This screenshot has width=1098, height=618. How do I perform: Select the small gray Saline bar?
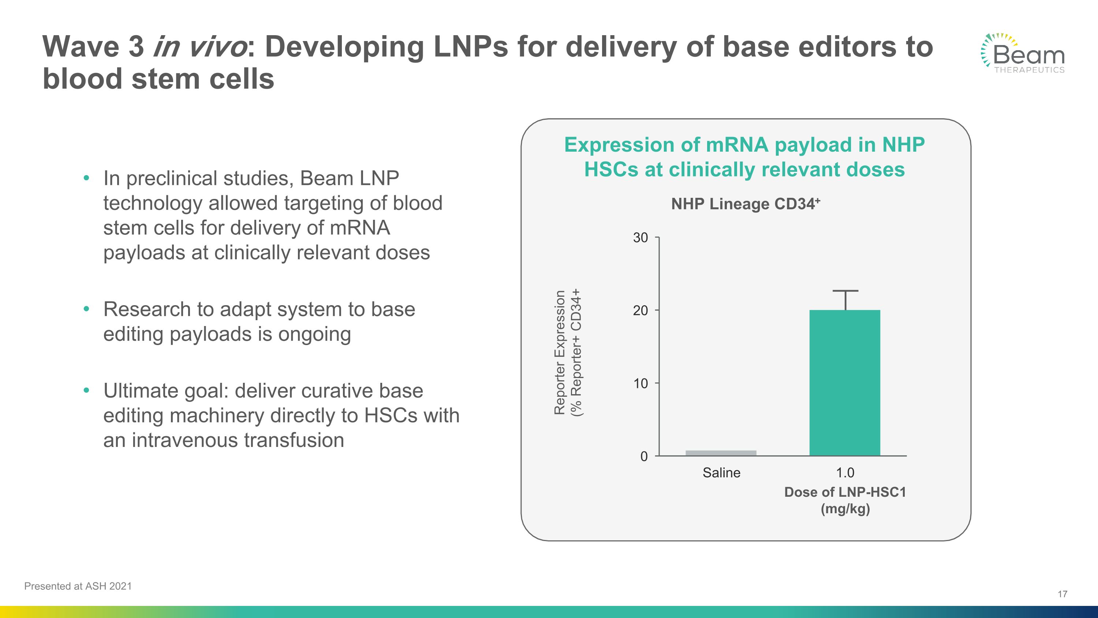tap(721, 453)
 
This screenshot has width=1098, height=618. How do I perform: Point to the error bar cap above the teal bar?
tap(845, 291)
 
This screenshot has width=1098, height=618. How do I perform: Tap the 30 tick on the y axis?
tap(640, 237)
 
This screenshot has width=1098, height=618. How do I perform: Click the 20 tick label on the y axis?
tap(640, 311)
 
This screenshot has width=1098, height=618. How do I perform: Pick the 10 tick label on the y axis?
tap(640, 384)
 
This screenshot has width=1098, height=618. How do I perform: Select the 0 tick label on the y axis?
tap(644, 456)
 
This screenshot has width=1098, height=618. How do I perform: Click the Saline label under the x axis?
tap(721, 473)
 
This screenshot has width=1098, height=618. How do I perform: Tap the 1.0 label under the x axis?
tap(845, 473)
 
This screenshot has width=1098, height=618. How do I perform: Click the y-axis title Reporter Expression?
tap(560, 352)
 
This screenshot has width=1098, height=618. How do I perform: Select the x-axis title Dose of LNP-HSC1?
tap(845, 492)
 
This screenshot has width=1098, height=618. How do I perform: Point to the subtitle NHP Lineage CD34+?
tap(745, 204)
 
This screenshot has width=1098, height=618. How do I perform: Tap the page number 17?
tap(1062, 594)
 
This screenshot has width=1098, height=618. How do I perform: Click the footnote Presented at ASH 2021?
tap(78, 586)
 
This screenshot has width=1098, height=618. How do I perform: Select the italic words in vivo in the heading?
tap(199, 47)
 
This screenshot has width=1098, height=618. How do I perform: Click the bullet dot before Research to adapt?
tap(86, 309)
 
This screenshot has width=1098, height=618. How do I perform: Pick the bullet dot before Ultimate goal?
tap(86, 390)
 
